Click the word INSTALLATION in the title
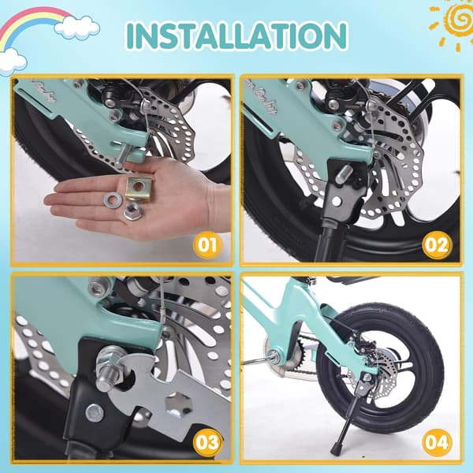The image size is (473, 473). (x=237, y=35)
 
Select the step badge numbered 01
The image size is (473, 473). (x=207, y=244)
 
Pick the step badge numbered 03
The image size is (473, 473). (x=207, y=443)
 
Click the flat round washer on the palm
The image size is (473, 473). (x=113, y=199)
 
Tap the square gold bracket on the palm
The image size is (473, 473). (x=139, y=189)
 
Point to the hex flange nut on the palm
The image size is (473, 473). (x=132, y=210)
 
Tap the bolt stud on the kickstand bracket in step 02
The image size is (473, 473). (x=345, y=173)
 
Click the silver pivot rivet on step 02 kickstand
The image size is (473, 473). (x=337, y=201)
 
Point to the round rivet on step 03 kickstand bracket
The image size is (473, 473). (x=94, y=413)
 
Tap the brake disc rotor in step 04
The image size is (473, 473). (x=374, y=377)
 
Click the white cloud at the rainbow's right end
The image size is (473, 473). (x=77, y=28)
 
